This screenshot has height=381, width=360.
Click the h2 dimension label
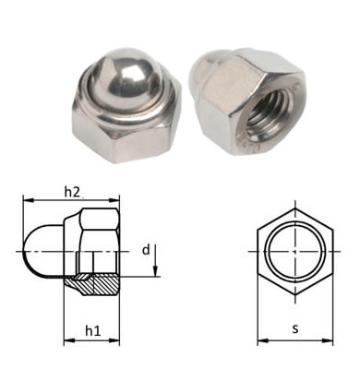coord(72,192)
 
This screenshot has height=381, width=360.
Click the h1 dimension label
coord(93,331)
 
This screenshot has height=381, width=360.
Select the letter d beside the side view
coord(146,250)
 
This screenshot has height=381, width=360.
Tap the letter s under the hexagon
coord(295,329)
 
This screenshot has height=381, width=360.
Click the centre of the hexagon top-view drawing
coord(295,252)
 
